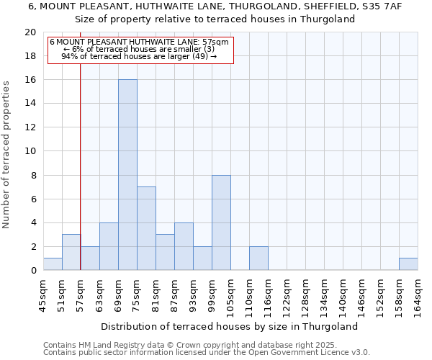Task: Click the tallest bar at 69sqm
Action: pyautogui.click(x=127, y=175)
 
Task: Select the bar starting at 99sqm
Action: pyautogui.click(x=221, y=222)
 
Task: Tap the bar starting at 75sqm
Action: pyautogui.click(x=146, y=228)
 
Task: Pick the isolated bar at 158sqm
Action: pyautogui.click(x=408, y=264)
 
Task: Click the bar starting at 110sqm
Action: pyautogui.click(x=258, y=258)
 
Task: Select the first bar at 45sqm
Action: pyautogui.click(x=53, y=264)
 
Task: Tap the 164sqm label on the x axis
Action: pyautogui.click(x=418, y=296)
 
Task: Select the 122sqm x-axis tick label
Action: pyautogui.click(x=287, y=296)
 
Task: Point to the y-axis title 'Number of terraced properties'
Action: pyautogui.click(x=6, y=155)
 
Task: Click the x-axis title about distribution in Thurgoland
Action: pyautogui.click(x=229, y=326)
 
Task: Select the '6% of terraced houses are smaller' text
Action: pyautogui.click(x=139, y=49)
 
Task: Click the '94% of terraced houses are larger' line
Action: pyautogui.click(x=139, y=56)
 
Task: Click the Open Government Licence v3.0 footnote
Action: pyautogui.click(x=207, y=352)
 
